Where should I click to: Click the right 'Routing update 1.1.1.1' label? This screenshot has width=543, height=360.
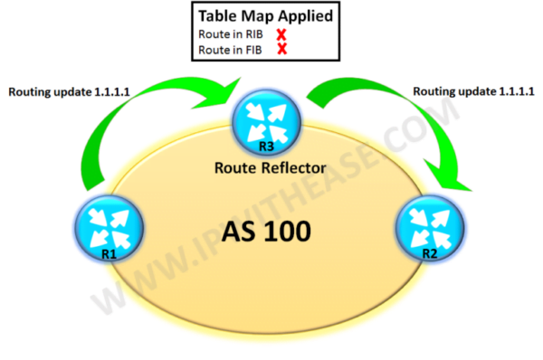(x=472, y=91)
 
